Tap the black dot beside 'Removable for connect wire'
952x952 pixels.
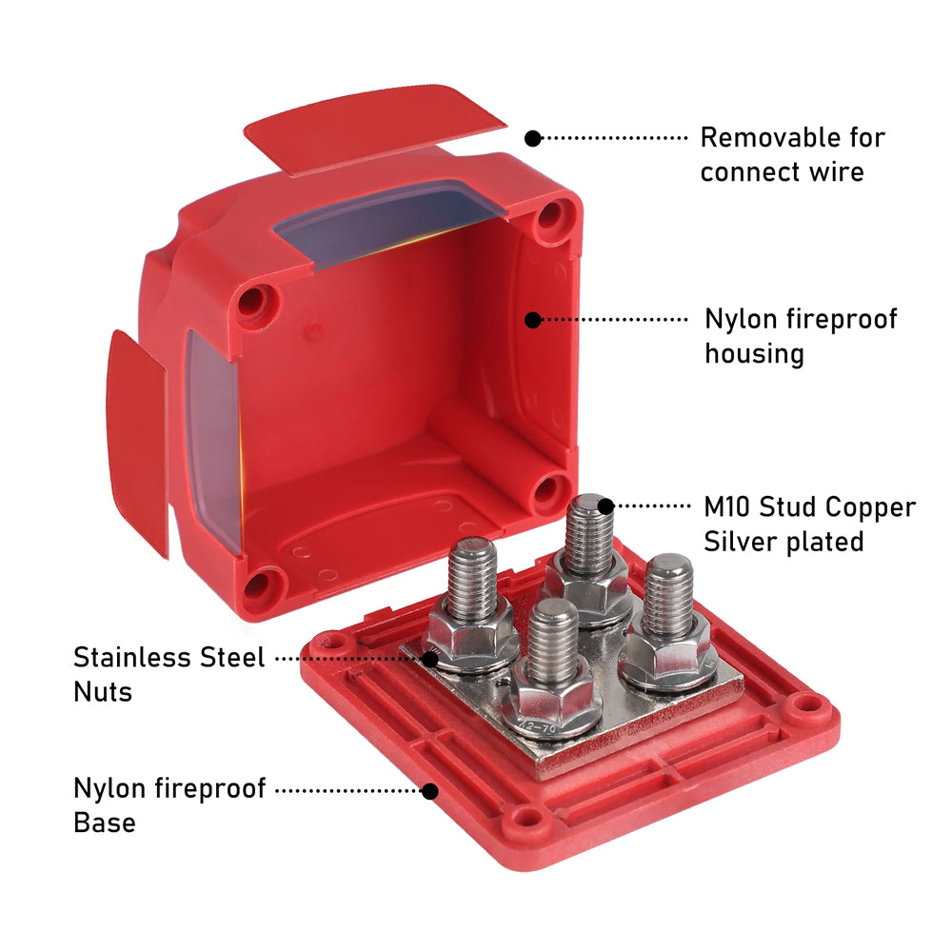pyautogui.click(x=532, y=138)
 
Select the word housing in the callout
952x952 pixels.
pyautogui.click(x=754, y=354)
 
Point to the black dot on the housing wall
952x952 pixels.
pyautogui.click(x=532, y=320)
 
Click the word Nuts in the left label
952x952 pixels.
pyautogui.click(x=103, y=692)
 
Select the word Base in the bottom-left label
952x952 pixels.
pyautogui.click(x=105, y=823)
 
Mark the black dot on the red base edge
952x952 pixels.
pyautogui.click(x=430, y=791)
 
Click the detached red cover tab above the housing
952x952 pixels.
pyautogui.click(x=374, y=129)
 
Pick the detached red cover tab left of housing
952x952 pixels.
pyautogui.click(x=136, y=442)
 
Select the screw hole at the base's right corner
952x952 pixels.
pyautogui.click(x=805, y=704)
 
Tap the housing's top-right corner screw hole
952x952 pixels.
pyautogui.click(x=552, y=215)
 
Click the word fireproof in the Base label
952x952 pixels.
pyautogui.click(x=210, y=788)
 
